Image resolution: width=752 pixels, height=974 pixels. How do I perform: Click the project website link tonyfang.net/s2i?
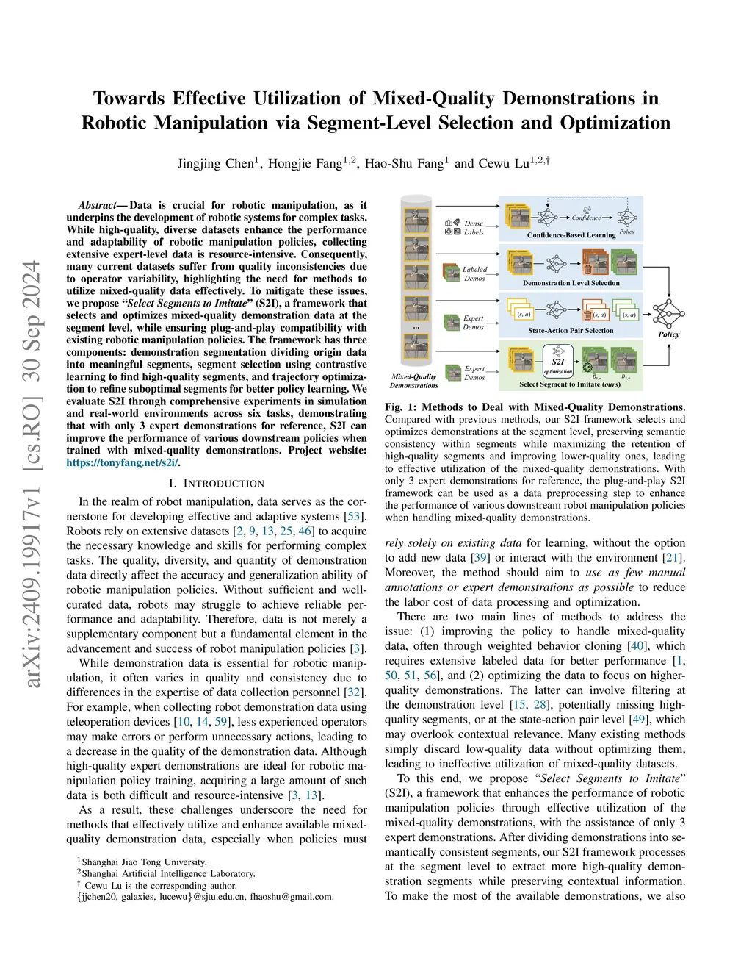(x=123, y=462)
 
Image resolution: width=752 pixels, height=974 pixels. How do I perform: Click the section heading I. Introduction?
(x=216, y=483)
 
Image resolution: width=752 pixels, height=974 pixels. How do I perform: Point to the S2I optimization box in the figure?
(x=558, y=365)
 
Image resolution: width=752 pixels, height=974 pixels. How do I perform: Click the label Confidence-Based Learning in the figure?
(x=571, y=235)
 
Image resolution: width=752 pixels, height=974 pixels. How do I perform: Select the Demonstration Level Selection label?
(x=571, y=283)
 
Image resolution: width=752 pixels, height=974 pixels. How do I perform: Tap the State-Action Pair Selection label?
(x=571, y=331)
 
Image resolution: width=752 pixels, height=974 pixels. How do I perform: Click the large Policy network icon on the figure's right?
(x=668, y=315)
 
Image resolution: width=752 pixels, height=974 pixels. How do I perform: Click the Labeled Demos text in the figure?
(x=474, y=274)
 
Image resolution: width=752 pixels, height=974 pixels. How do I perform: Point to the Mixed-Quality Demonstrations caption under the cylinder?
(x=413, y=381)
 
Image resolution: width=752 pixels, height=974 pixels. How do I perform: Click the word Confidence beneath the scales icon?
(x=586, y=218)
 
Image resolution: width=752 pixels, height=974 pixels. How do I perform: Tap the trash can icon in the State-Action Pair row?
(x=587, y=315)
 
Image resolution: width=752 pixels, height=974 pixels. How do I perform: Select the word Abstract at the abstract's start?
(x=97, y=205)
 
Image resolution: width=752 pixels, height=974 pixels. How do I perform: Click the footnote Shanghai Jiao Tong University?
(x=144, y=862)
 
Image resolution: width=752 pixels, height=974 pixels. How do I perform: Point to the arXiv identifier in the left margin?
(x=32, y=474)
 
